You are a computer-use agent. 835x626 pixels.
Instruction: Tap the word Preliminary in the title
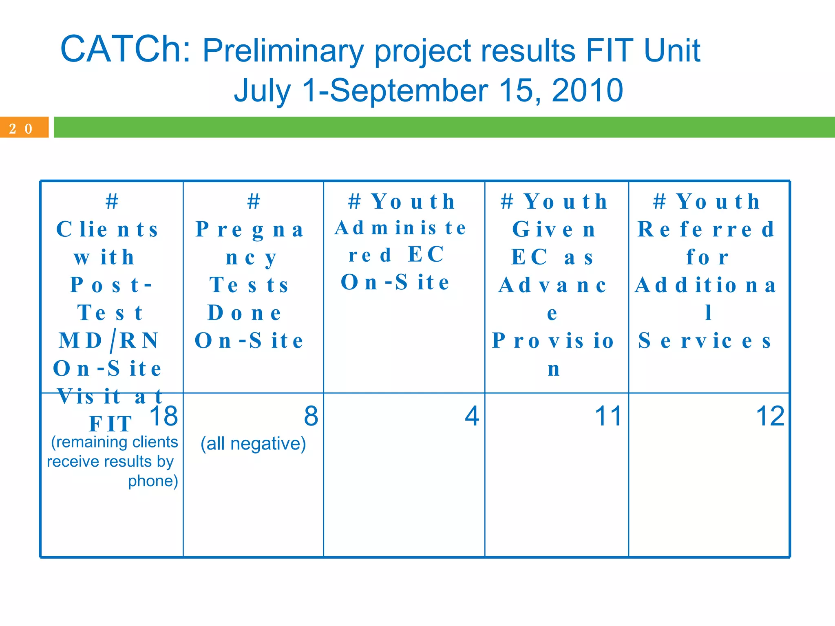pos(283,51)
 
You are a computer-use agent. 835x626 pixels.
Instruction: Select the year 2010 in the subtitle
pos(587,90)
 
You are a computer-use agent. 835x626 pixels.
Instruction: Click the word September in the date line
pos(408,90)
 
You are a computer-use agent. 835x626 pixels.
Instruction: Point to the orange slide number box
pos(24,128)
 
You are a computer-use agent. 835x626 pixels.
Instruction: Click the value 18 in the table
pos(163,416)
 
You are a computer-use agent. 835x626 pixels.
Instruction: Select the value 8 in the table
pos(311,416)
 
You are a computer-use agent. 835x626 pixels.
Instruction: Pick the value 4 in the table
pos(472,416)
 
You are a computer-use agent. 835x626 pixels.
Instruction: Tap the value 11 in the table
pos(608,416)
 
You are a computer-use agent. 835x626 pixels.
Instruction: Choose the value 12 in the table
pos(770,416)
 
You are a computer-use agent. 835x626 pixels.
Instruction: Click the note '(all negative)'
pos(253,443)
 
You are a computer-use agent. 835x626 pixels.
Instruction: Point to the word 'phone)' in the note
pos(153,481)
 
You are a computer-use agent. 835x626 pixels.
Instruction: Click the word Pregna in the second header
pos(250,229)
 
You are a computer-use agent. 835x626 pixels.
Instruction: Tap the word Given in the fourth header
pos(554,229)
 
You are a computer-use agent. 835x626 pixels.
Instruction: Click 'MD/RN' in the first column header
pos(108,341)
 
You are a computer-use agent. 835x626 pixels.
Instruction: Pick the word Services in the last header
pos(705,341)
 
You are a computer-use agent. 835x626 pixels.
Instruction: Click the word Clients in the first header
pos(107,229)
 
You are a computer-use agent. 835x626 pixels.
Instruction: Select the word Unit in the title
pos(672,51)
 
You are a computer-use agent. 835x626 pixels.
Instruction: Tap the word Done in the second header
pos(244,313)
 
